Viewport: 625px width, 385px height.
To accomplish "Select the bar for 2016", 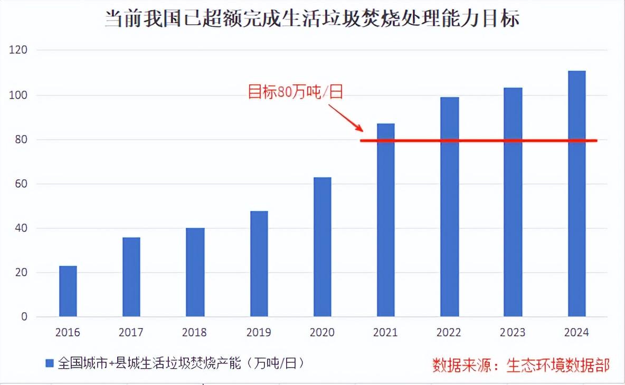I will pos(68,291).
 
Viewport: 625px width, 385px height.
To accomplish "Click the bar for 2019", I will pos(259,264).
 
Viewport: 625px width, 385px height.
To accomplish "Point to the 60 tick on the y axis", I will pos(22,184).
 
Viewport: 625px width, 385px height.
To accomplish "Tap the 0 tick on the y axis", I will pos(24,317).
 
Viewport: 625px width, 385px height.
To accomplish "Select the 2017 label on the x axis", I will pos(131,333).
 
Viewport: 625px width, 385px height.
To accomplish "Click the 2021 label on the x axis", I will pos(385,333).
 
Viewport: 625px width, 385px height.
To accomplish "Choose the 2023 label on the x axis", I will pos(513,333).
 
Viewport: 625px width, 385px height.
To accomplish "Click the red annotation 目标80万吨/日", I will pos(296,92).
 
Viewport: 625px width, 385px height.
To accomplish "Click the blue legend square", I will pos(50,363).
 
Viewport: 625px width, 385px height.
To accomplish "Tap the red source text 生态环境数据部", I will pos(558,364).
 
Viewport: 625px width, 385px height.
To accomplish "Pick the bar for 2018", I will pos(195,272).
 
